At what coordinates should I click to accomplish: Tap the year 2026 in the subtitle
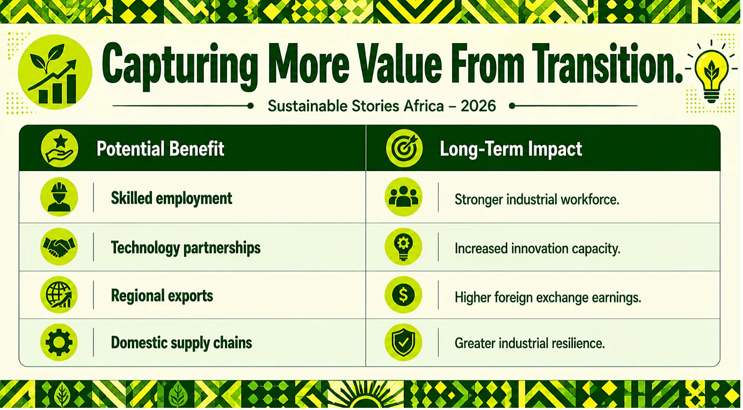[478, 106]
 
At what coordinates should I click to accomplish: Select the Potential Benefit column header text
[160, 148]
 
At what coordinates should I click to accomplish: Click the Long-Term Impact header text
[511, 148]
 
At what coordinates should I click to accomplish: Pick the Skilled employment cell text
[171, 198]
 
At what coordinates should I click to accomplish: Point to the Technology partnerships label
[186, 248]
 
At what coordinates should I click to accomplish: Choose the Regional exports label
[162, 296]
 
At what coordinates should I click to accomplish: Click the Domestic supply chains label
[181, 343]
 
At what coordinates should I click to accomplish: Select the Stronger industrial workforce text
[537, 200]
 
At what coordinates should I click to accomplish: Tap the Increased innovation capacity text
[537, 249]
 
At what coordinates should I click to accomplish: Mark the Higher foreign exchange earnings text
[548, 297]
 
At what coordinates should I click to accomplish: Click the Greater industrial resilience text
[529, 343]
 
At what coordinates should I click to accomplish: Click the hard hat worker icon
[59, 197]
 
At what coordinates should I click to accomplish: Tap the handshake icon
[59, 247]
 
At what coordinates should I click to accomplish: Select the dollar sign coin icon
[403, 295]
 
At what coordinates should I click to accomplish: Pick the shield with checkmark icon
[403, 342]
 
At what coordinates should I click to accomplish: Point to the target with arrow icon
[404, 148]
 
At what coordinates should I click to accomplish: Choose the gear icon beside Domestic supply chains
[59, 342]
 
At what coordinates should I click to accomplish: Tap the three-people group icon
[403, 197]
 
